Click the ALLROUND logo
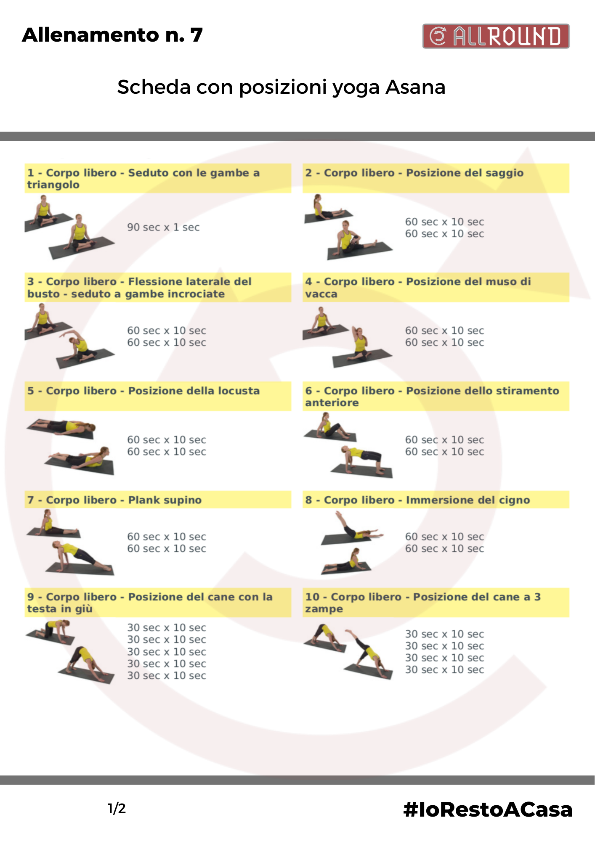(496, 36)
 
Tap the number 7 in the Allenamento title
(197, 35)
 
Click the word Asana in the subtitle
(415, 87)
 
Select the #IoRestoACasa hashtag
(488, 809)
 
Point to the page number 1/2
(117, 809)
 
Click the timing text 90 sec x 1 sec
(163, 227)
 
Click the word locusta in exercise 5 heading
(239, 391)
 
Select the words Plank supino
(165, 500)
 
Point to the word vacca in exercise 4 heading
(321, 294)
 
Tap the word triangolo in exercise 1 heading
(53, 185)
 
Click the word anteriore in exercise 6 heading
(332, 403)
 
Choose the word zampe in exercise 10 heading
(324, 609)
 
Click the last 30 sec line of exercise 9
(167, 675)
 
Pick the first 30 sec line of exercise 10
(444, 634)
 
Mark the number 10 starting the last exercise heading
(312, 597)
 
